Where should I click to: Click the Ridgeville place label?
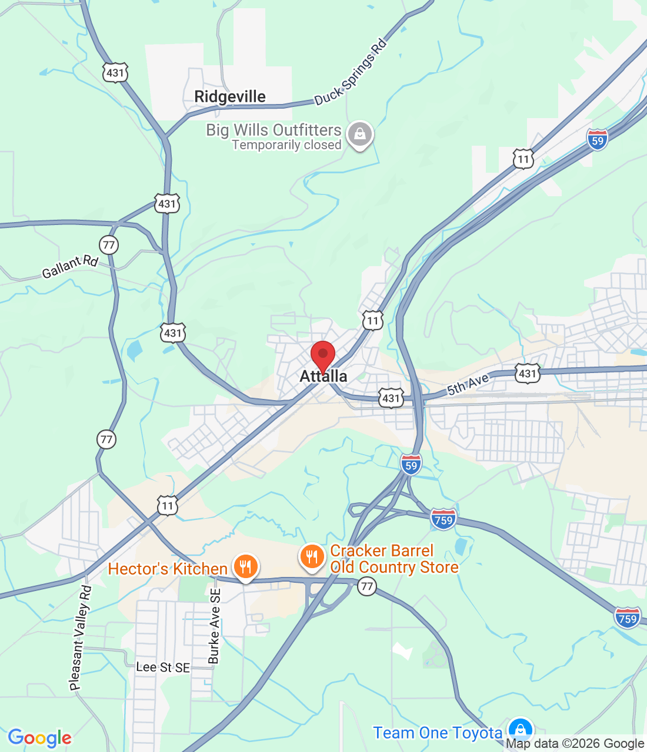pos(230,97)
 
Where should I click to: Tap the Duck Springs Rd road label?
pos(351,72)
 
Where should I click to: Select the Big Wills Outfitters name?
pos(274,130)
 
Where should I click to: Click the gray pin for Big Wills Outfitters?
pos(360,135)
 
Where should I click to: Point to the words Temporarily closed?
pos(286,145)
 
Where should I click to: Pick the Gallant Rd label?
pos(69,266)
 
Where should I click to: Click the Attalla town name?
pos(323,377)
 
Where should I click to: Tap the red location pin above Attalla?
pos(323,355)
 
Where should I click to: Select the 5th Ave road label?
pos(468,384)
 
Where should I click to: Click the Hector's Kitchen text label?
pos(168,569)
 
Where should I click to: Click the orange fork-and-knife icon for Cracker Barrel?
pos(312,556)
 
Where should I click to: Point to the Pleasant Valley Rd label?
pos(81,637)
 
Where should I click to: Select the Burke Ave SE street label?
pos(214,626)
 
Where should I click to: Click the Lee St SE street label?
pos(163,667)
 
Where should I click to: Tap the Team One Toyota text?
pos(437,733)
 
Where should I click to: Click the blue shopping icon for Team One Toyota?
pos(520,730)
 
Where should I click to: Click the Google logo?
pos(40,738)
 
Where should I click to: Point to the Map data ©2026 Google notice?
pos(575,744)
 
